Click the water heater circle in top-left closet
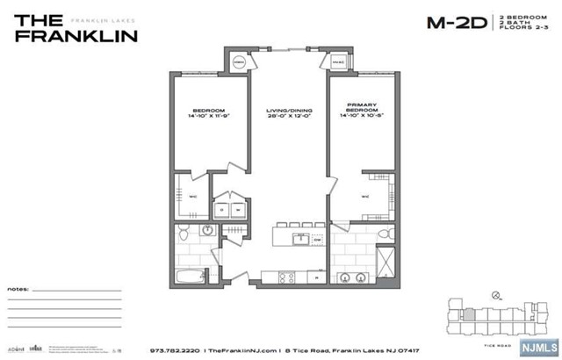240,61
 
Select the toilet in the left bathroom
184,234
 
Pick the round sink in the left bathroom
206,231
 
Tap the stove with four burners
286,277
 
